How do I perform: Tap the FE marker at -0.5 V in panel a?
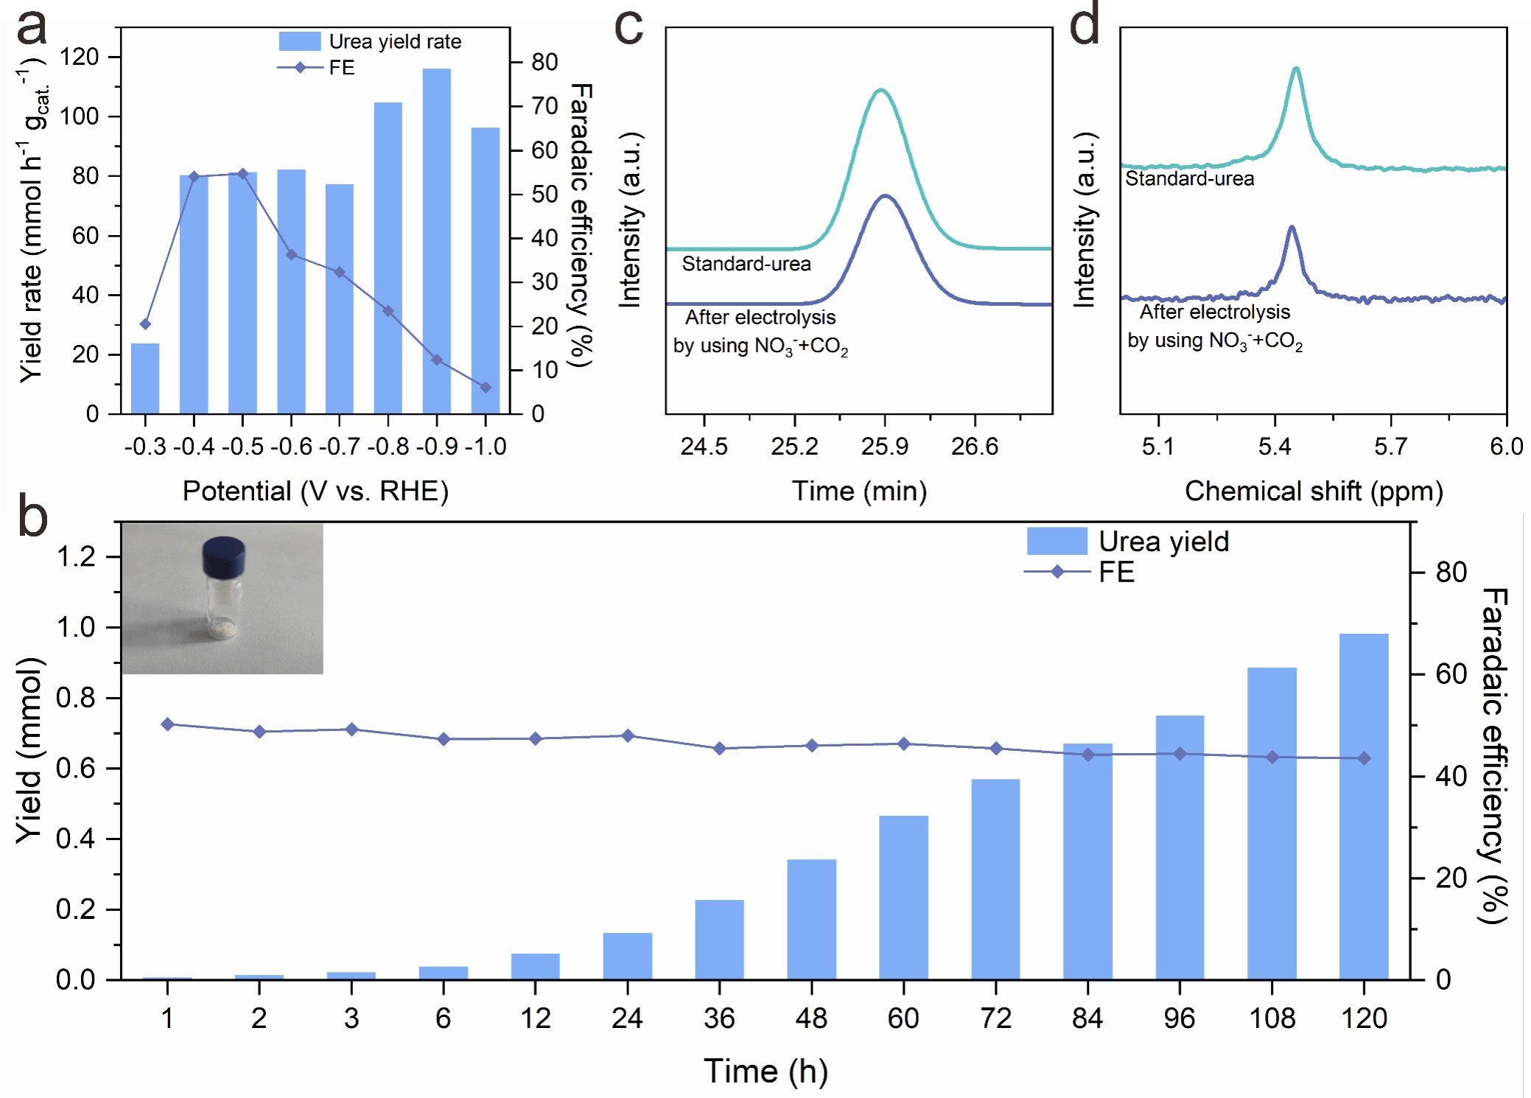pyautogui.click(x=243, y=174)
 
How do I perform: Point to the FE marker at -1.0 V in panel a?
pyautogui.click(x=486, y=388)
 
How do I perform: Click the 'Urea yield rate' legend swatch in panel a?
pyautogui.click(x=299, y=41)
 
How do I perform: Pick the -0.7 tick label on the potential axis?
pyautogui.click(x=340, y=447)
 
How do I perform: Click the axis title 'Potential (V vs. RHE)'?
pyautogui.click(x=315, y=492)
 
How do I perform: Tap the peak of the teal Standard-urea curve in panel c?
pyautogui.click(x=880, y=90)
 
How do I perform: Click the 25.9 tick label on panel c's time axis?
pyautogui.click(x=885, y=447)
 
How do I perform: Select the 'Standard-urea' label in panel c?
pyautogui.click(x=746, y=264)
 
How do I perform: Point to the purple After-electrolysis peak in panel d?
pyautogui.click(x=1291, y=228)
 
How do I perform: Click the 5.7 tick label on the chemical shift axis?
pyautogui.click(x=1390, y=447)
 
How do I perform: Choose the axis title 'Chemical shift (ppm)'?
pyautogui.click(x=1314, y=492)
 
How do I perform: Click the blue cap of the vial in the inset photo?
pyautogui.click(x=223, y=556)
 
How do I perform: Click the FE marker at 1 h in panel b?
pyautogui.click(x=167, y=724)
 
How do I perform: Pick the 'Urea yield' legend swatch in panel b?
pyautogui.click(x=1057, y=541)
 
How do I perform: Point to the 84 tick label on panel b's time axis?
pyautogui.click(x=1087, y=1018)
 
